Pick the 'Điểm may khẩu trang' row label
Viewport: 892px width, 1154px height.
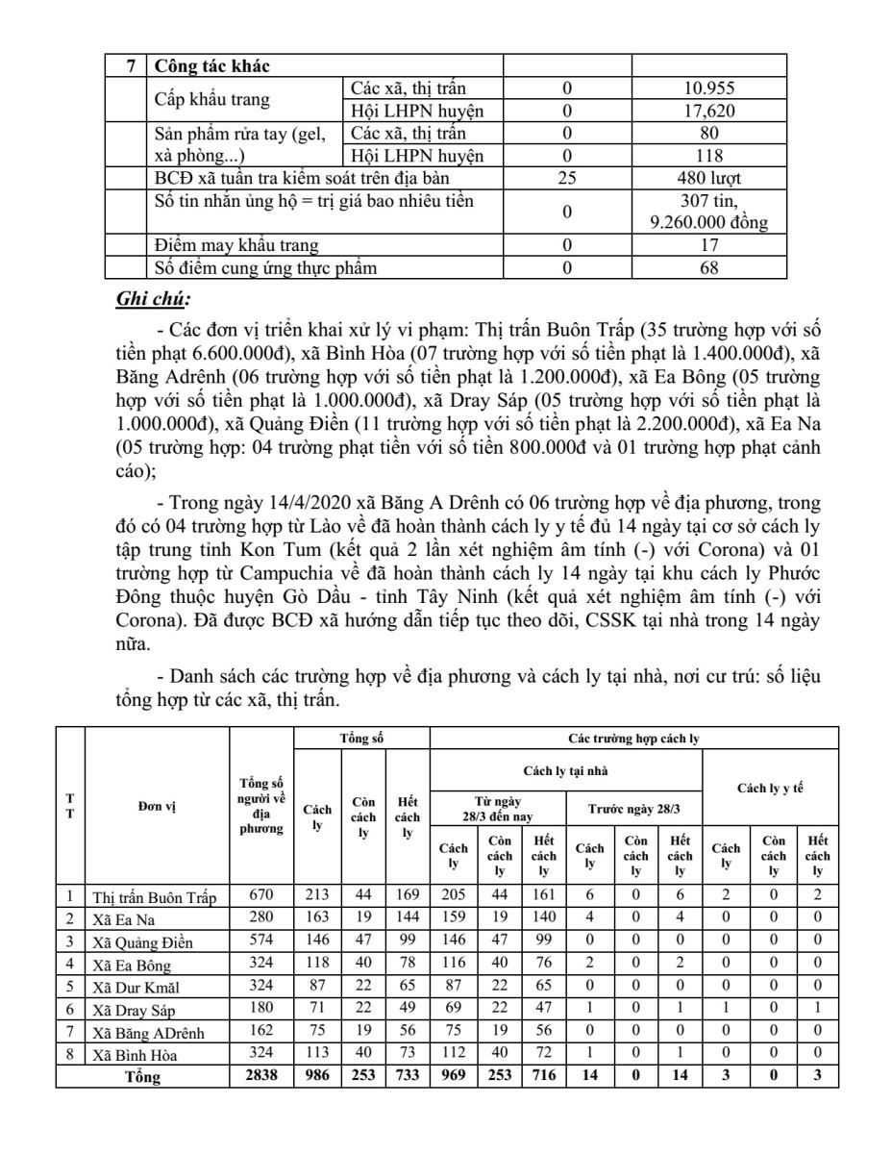[237, 246]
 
